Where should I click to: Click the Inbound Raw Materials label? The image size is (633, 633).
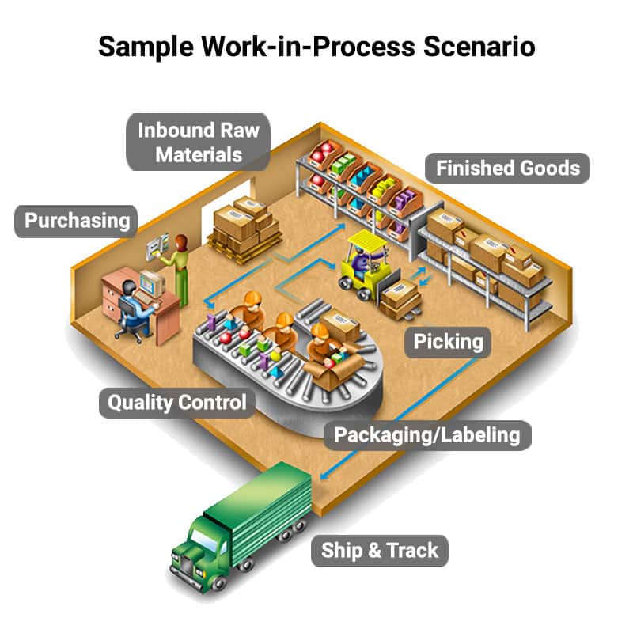[198, 142]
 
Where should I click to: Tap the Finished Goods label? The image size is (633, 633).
[507, 168]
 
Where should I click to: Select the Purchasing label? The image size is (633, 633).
[76, 219]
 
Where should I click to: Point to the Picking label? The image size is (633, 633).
[448, 342]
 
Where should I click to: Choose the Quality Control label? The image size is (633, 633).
[176, 402]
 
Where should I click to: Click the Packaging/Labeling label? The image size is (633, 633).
[426, 434]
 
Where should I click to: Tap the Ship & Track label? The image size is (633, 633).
[379, 550]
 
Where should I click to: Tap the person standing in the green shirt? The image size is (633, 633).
[181, 269]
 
